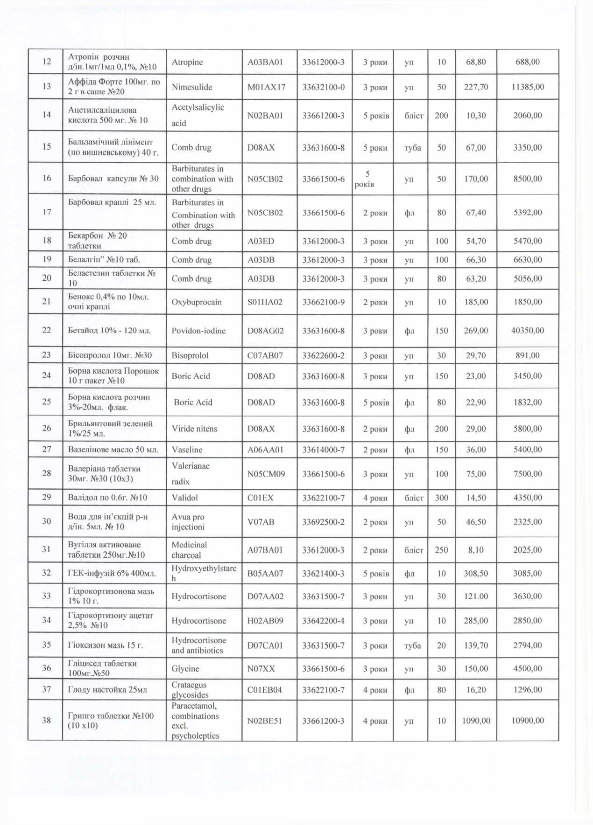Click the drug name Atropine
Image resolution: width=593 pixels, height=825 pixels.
pyautogui.click(x=187, y=62)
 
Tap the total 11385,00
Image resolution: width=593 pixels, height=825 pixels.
pyautogui.click(x=528, y=87)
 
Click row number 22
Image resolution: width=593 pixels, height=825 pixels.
pyautogui.click(x=46, y=330)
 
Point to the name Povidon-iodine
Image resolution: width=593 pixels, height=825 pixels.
pyautogui.click(x=198, y=331)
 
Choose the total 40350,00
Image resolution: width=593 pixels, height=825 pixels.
pyautogui.click(x=528, y=331)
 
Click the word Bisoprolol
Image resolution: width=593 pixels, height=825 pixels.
pyautogui.click(x=190, y=355)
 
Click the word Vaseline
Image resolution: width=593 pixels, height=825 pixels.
pyautogui.click(x=187, y=450)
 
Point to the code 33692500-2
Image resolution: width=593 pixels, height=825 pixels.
pyautogui.click(x=324, y=522)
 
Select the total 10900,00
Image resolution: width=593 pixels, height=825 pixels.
pyautogui.click(x=528, y=721)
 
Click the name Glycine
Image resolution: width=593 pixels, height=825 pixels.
pyautogui.click(x=185, y=668)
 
